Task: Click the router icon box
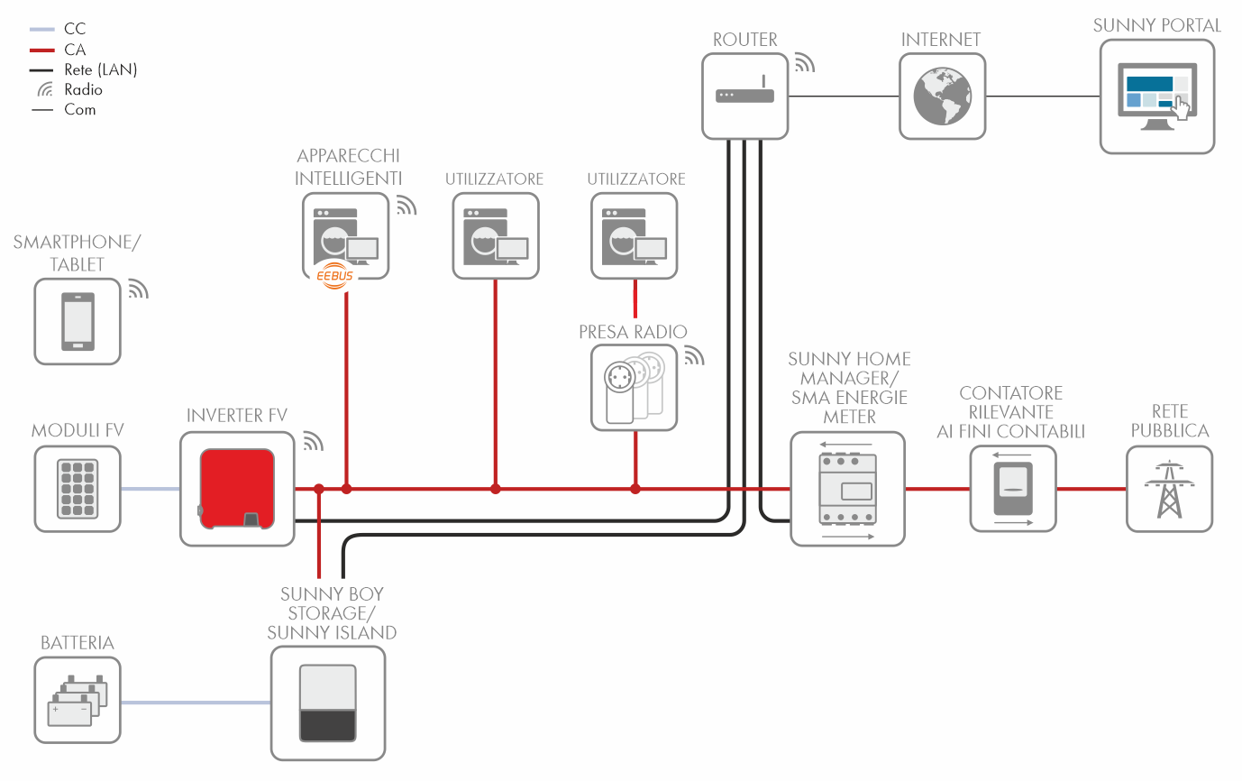coord(745,96)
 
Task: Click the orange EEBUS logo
coord(335,275)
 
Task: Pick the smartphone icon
coord(78,321)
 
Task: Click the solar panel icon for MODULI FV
coord(78,489)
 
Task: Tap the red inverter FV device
coord(237,488)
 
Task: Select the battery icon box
coord(78,700)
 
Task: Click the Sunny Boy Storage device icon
coord(328,703)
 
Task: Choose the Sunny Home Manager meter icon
coord(847,488)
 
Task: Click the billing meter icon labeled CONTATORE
coord(1013,489)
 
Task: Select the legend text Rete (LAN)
coord(101,69)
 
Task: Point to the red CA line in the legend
coord(42,50)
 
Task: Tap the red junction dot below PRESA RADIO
coord(635,489)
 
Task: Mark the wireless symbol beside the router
coord(803,62)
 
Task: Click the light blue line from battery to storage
coord(196,703)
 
